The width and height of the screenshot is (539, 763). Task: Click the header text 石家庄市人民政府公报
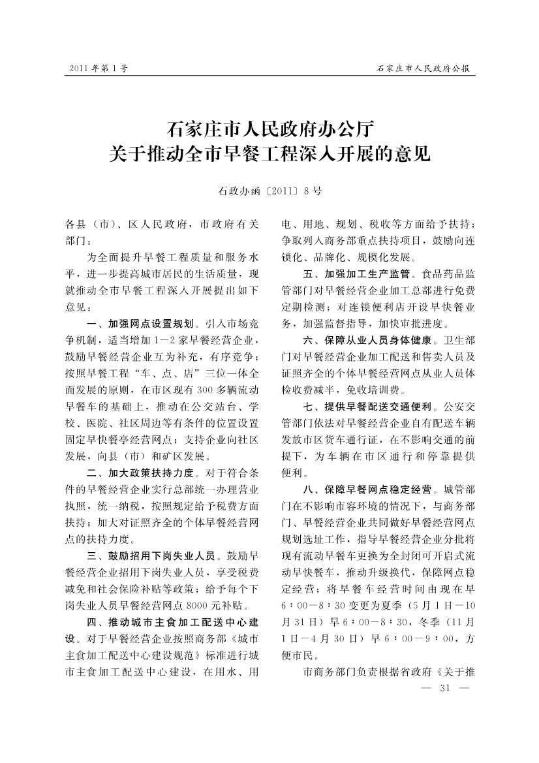(x=424, y=68)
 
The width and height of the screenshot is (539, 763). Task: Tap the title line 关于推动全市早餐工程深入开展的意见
(x=269, y=155)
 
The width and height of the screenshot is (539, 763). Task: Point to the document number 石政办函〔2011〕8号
(x=269, y=191)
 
